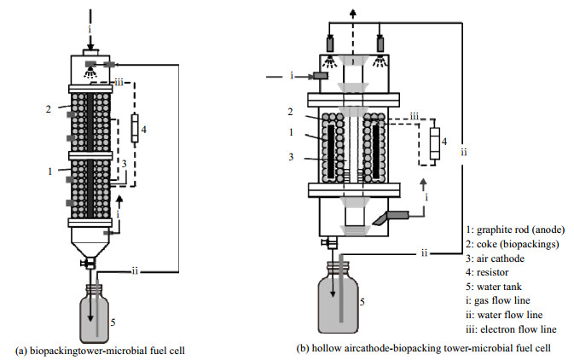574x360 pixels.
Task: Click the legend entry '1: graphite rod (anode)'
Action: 515,229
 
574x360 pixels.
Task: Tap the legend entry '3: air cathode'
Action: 496,257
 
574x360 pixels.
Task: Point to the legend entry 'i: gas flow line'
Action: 498,300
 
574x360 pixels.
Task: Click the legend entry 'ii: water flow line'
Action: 502,315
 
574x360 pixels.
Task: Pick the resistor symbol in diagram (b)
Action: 437,145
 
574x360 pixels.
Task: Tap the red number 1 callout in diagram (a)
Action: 51,171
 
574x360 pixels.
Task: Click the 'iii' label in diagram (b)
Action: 414,116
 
